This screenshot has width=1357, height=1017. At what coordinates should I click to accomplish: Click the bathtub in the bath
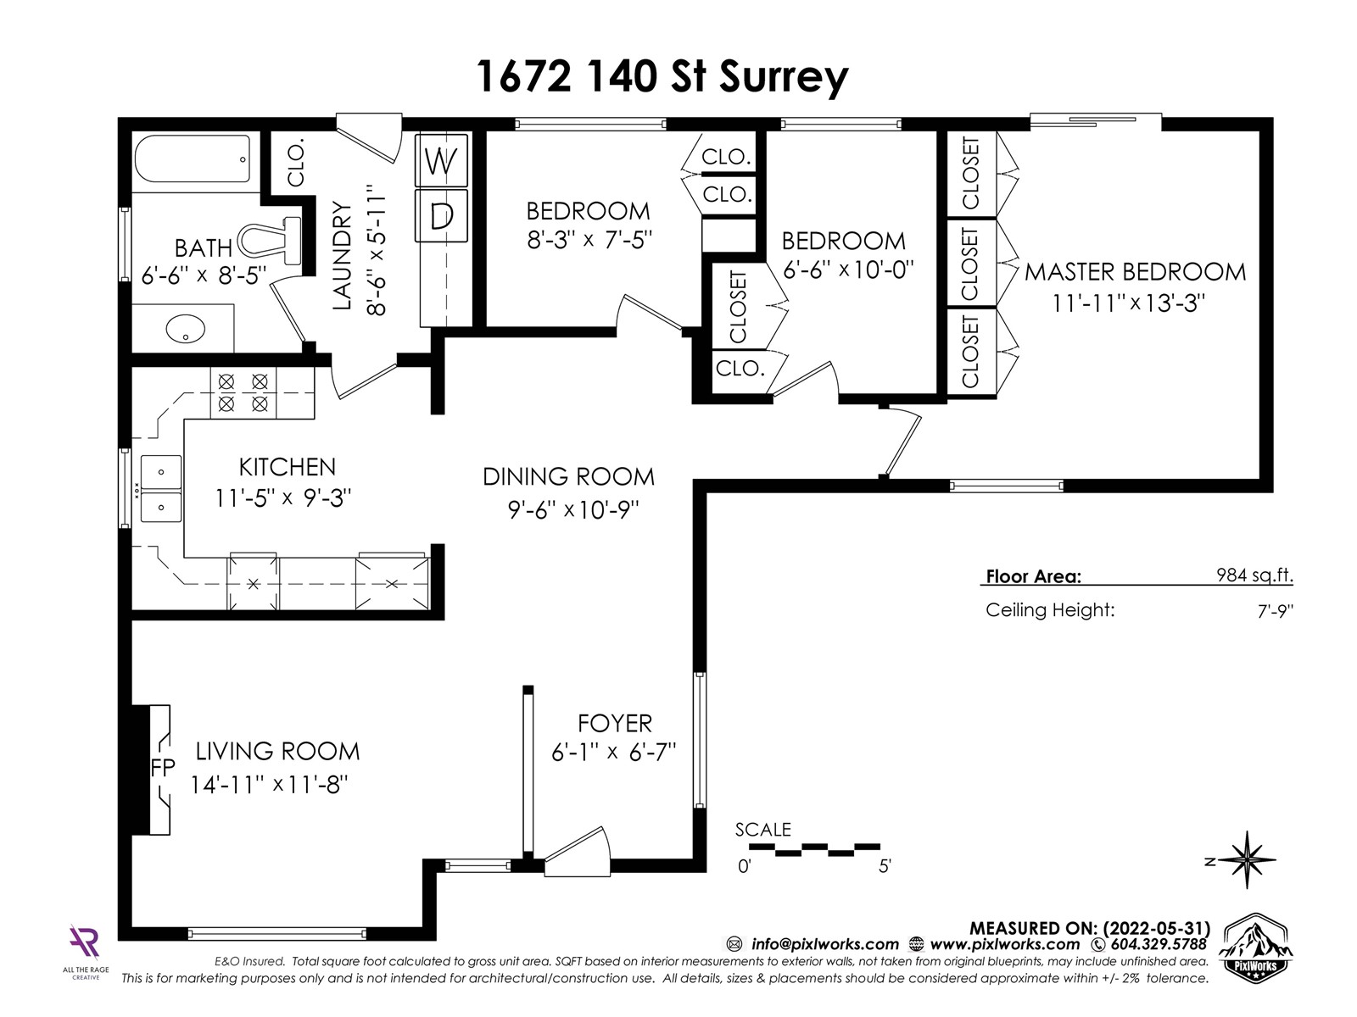coord(193,158)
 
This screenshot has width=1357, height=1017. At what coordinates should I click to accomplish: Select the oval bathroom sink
coord(186,329)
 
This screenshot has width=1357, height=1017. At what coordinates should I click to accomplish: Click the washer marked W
coord(441,160)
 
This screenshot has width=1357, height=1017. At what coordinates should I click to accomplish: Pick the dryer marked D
coord(441,215)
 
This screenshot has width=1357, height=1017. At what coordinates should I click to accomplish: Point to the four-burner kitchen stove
coord(243,392)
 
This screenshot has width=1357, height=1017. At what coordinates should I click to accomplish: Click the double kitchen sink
coord(161,489)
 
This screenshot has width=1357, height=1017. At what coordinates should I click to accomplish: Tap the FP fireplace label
coord(163,768)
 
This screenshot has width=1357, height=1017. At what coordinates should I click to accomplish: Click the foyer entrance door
coord(577,852)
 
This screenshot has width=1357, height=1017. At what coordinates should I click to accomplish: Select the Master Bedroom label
coord(1135,272)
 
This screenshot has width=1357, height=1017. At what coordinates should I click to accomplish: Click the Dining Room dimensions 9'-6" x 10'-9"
coord(573,510)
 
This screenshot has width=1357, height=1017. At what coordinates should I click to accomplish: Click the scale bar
coord(815,850)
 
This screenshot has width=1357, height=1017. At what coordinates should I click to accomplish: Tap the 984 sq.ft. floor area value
coord(1254,575)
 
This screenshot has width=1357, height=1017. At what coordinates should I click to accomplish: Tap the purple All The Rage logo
coord(85,942)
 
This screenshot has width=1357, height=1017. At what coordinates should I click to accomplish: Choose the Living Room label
coord(277,752)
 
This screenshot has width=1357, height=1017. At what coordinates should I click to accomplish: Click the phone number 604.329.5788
coord(1159,944)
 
